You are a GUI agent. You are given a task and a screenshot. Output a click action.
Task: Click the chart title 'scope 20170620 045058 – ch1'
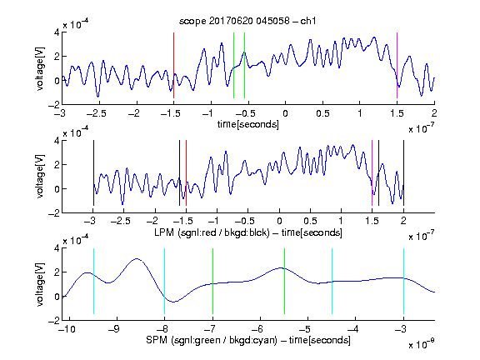tap(247, 21)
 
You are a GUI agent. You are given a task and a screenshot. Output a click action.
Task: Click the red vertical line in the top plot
tap(173, 65)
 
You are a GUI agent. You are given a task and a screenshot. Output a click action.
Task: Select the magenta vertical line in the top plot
tap(397, 65)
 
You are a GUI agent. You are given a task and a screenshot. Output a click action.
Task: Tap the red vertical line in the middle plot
tap(186, 173)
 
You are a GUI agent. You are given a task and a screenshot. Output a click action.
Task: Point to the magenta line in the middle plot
tap(372, 173)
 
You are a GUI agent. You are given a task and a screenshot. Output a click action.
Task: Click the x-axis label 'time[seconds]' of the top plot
tap(248, 124)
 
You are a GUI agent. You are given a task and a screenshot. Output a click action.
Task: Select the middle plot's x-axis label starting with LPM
tap(248, 232)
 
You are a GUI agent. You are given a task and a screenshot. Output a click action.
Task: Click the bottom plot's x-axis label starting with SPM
tap(248, 340)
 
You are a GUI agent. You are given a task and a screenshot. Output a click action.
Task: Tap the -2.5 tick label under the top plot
tap(96, 113)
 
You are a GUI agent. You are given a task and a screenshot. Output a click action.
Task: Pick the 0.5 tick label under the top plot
tap(322, 113)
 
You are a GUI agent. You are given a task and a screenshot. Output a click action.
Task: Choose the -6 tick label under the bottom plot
tap(257, 329)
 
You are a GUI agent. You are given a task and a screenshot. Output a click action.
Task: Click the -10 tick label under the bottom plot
tap(67, 329)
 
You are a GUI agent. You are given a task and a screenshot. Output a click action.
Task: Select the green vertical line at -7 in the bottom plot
tap(212, 281)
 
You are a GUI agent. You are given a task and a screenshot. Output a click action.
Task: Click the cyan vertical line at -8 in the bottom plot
tap(165, 281)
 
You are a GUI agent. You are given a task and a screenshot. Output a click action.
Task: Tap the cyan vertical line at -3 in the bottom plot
tap(404, 281)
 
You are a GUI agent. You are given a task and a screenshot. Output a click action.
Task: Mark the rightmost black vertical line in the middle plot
tap(404, 173)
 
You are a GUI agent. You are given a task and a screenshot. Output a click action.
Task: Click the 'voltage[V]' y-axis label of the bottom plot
tap(40, 284)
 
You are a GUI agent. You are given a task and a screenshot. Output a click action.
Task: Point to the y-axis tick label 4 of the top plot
tap(57, 32)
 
